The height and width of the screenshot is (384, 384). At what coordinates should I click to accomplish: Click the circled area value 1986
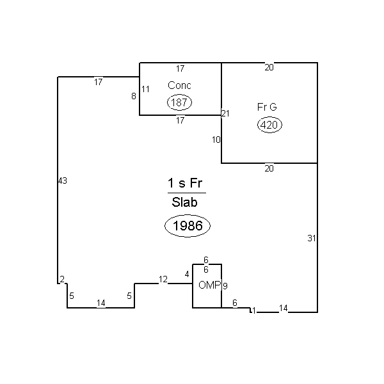[x=188, y=226]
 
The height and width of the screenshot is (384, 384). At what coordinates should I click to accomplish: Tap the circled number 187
[x=179, y=102]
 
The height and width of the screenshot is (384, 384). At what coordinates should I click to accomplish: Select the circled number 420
[x=269, y=125]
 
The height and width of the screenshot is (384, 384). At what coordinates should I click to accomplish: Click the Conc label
[x=179, y=86]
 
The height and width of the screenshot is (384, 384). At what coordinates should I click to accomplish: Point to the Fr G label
[x=267, y=107]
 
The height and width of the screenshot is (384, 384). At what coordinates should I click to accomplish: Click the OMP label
[x=210, y=285]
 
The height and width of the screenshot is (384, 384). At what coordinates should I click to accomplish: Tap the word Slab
[x=184, y=202]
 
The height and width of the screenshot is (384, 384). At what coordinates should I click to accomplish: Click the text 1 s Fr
[x=185, y=183]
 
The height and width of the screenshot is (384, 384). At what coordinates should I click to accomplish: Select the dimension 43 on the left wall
[x=63, y=180]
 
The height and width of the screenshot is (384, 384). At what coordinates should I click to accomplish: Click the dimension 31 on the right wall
[x=312, y=238]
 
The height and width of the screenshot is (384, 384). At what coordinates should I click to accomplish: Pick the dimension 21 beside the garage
[x=225, y=113]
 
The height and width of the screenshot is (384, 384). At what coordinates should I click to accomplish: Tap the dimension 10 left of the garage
[x=216, y=140]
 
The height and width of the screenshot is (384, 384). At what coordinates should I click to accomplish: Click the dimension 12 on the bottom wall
[x=163, y=279]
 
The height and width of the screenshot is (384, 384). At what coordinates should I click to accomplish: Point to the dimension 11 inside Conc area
[x=145, y=89]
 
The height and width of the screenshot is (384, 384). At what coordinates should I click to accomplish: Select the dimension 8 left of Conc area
[x=134, y=96]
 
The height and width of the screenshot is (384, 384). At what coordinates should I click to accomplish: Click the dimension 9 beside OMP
[x=225, y=285]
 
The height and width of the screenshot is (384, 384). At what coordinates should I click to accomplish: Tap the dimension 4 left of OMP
[x=187, y=275]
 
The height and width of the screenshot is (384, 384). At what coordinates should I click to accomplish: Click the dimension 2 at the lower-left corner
[x=62, y=279]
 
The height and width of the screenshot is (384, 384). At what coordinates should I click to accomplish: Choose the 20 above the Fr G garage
[x=269, y=67]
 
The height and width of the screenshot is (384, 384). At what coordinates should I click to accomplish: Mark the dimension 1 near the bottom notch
[x=254, y=310]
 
